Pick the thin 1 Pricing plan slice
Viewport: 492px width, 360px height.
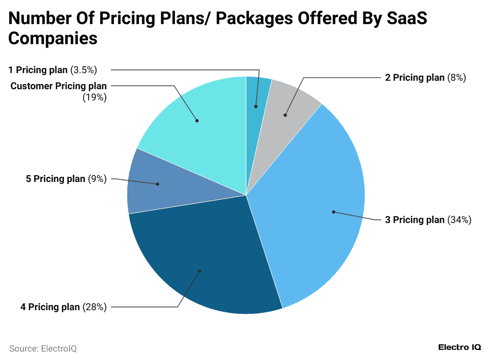[x=257, y=96]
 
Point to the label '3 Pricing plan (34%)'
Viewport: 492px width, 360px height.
[x=428, y=220]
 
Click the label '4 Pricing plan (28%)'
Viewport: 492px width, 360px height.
[x=63, y=307]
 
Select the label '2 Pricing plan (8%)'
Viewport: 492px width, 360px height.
[x=425, y=78]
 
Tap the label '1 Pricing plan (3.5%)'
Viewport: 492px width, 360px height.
[x=53, y=70]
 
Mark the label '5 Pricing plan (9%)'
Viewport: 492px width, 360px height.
[x=66, y=179]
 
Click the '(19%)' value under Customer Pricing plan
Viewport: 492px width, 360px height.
[x=95, y=97]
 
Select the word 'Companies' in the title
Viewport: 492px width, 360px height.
[x=53, y=38]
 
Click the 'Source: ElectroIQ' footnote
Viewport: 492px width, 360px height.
[x=43, y=348]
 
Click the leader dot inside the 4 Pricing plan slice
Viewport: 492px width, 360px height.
[x=199, y=271]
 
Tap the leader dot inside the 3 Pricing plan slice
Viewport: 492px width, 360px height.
[x=333, y=212]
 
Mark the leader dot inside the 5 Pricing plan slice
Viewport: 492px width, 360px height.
[x=158, y=184]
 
